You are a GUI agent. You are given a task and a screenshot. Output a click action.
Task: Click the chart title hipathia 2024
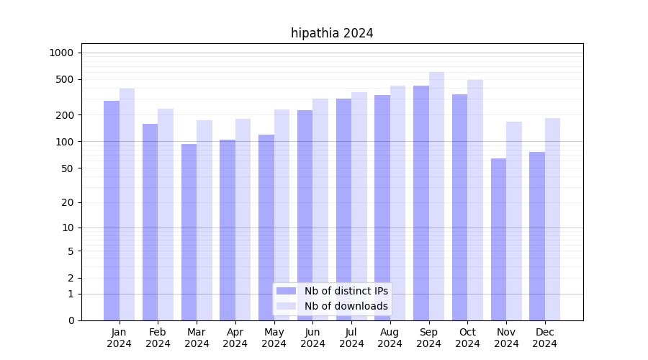point(332,33)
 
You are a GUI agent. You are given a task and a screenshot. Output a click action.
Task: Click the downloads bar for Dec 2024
point(552,219)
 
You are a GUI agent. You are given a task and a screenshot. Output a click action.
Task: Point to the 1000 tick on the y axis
point(61,53)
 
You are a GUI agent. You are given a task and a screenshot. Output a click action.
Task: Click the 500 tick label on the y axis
point(64,79)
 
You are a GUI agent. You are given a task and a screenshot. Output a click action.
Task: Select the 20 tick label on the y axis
point(67,202)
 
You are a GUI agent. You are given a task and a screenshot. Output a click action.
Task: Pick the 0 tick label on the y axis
point(71,320)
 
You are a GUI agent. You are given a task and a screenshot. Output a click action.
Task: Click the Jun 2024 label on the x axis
point(312,338)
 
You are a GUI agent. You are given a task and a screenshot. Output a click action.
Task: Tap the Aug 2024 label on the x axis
point(390,338)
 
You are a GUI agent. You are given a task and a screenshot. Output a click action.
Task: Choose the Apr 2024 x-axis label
point(235,338)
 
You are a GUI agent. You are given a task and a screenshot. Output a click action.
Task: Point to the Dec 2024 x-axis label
point(545,338)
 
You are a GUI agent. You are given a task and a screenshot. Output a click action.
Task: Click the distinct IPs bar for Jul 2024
point(343,210)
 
